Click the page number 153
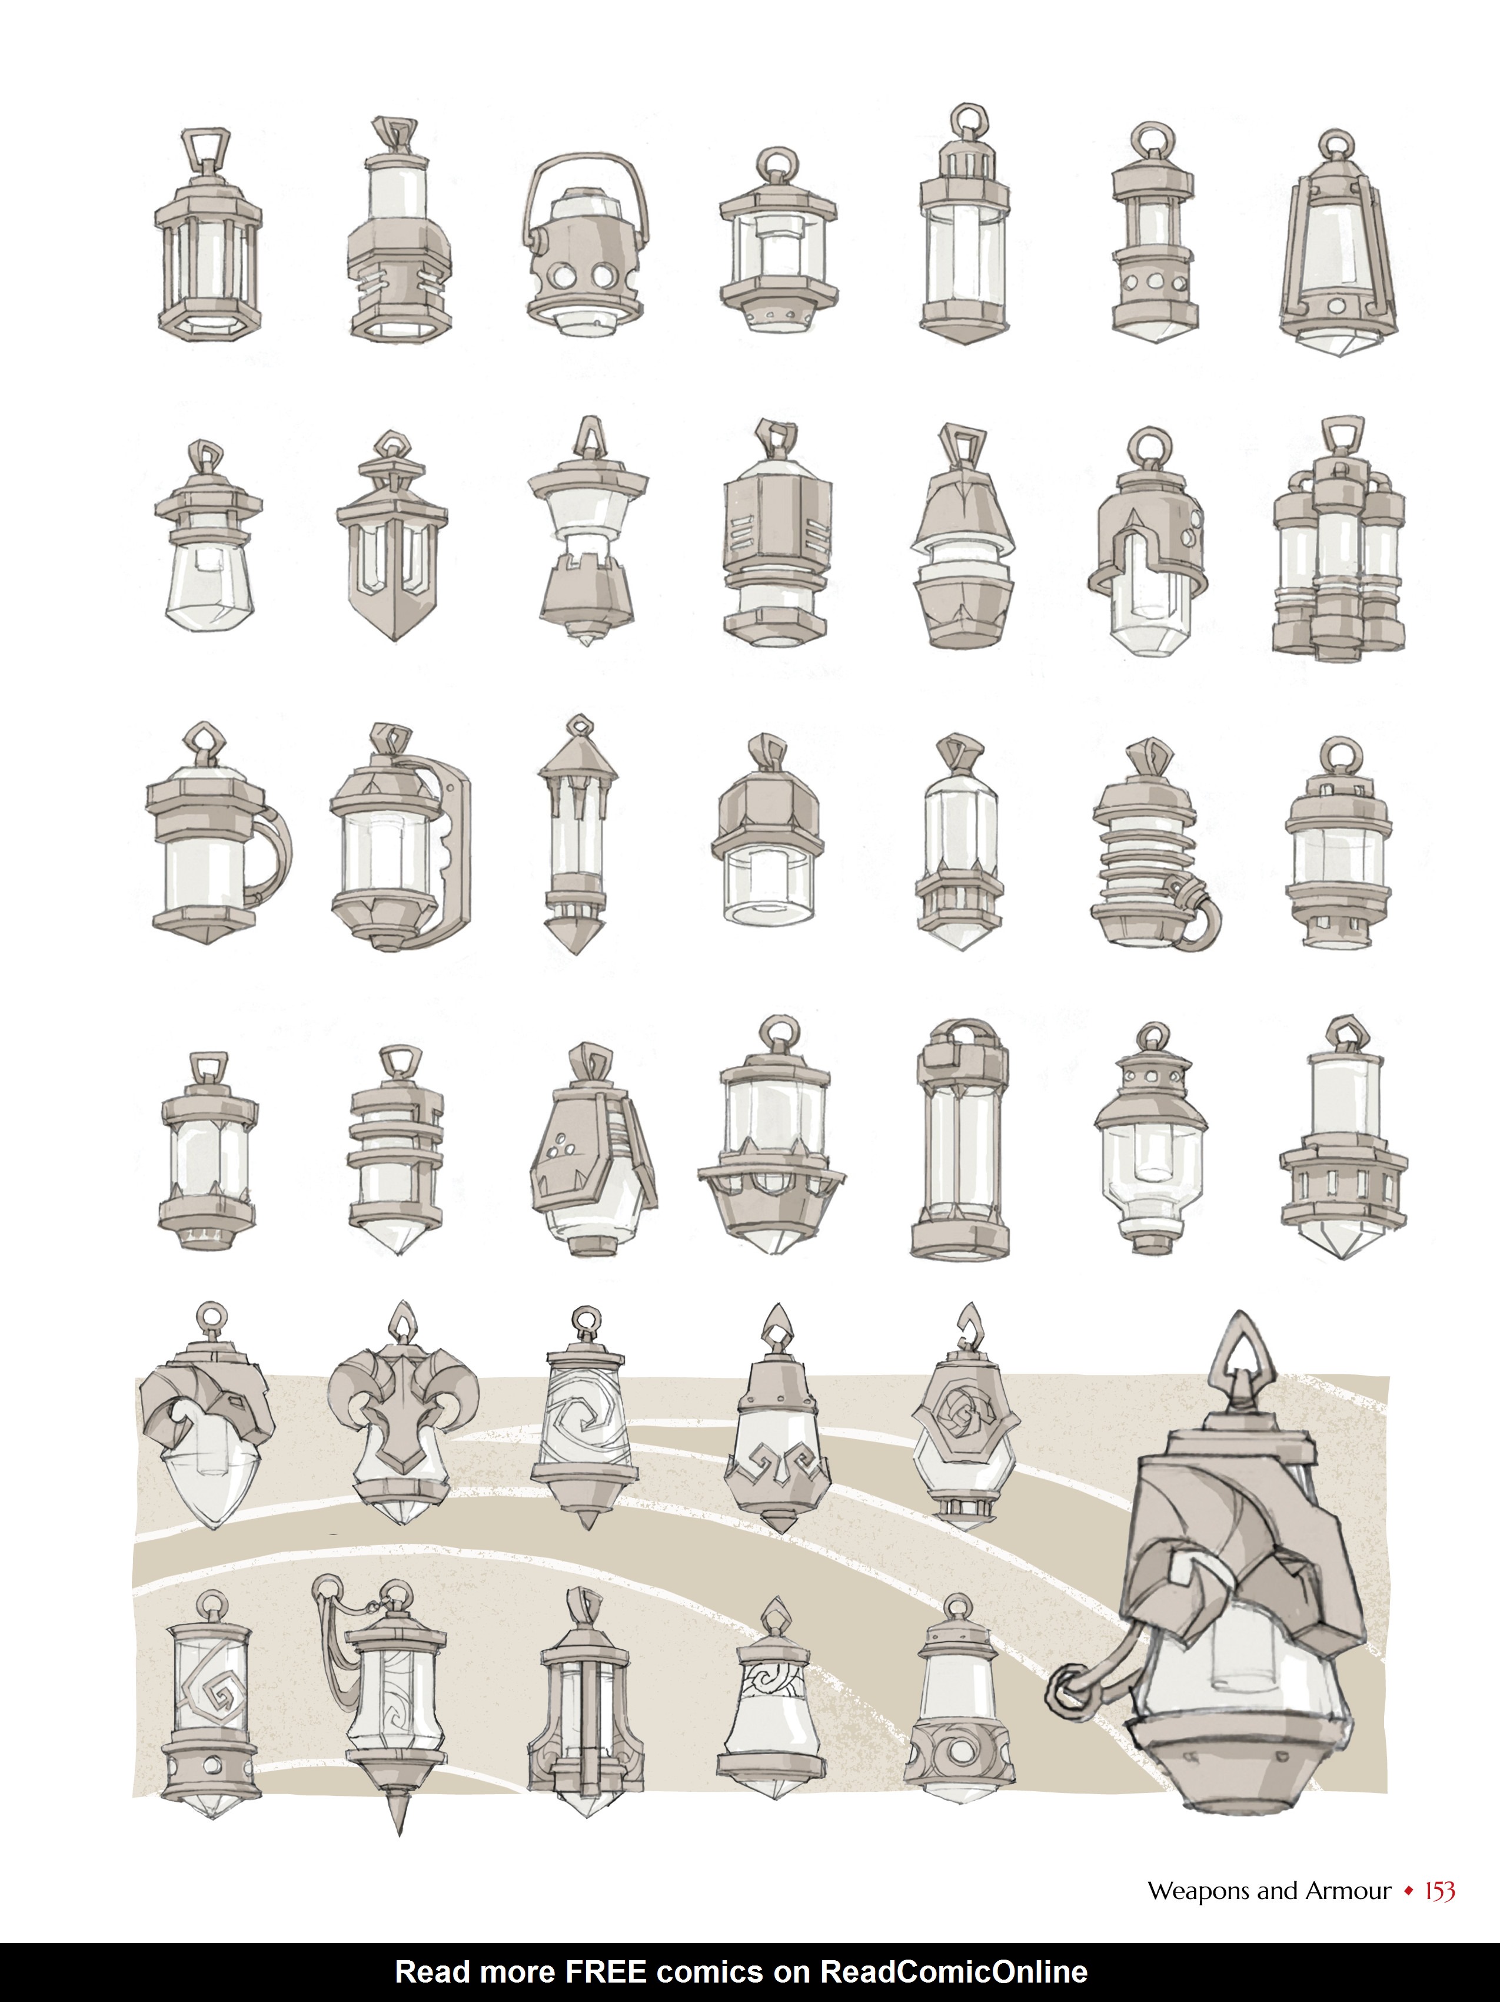1439,1891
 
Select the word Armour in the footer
1349,1891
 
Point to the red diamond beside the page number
1408,1891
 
